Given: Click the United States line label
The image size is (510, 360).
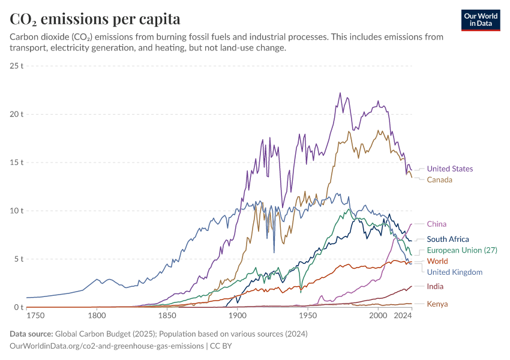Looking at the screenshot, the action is pyautogui.click(x=450, y=169).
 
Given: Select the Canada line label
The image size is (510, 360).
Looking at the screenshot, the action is pyautogui.click(x=439, y=180).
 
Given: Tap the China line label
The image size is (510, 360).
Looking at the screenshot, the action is pyautogui.click(x=436, y=224).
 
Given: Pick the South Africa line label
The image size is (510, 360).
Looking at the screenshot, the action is pyautogui.click(x=448, y=239).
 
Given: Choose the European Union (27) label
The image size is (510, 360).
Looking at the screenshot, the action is pyautogui.click(x=462, y=250).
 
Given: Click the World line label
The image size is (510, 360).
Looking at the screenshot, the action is pyautogui.click(x=437, y=261).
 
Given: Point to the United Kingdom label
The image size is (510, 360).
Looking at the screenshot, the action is pyautogui.click(x=455, y=272).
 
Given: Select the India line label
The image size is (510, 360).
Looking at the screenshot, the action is pyautogui.click(x=435, y=287).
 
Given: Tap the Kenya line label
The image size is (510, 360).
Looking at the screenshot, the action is pyautogui.click(x=437, y=304).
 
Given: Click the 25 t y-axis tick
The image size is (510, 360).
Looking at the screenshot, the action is pyautogui.click(x=17, y=66).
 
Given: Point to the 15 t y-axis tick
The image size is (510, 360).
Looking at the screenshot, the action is pyautogui.click(x=17, y=163).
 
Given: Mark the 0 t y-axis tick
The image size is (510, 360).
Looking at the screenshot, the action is pyautogui.click(x=19, y=307).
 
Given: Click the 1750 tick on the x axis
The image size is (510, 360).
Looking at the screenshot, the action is pyautogui.click(x=35, y=316).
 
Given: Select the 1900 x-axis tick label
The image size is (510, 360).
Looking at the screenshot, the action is pyautogui.click(x=238, y=316).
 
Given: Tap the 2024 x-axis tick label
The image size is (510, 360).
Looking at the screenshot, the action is pyautogui.click(x=403, y=316).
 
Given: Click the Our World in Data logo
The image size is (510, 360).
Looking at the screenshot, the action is pyautogui.click(x=481, y=20).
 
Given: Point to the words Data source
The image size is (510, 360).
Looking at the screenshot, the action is pyautogui.click(x=31, y=334).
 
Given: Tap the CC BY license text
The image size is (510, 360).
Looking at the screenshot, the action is pyautogui.click(x=221, y=346).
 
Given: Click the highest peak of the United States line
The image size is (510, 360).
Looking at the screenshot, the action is pyautogui.click(x=340, y=93).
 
